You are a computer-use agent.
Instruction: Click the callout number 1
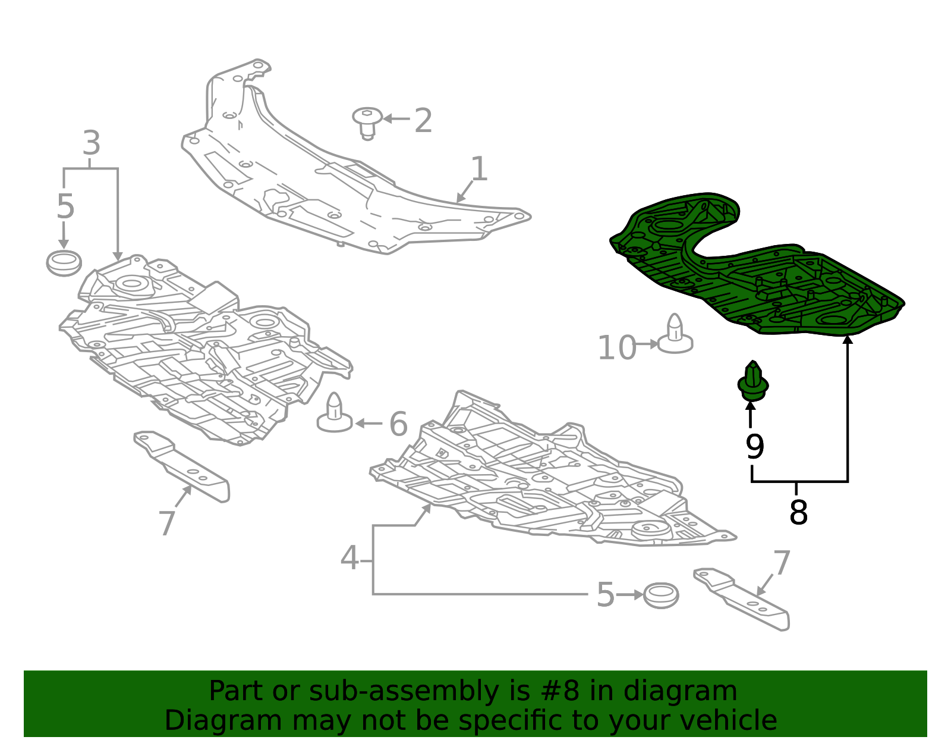pos(479,169)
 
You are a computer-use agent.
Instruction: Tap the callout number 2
pos(423,120)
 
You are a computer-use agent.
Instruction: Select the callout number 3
pos(92,143)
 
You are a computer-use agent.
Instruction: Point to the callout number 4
pos(349,557)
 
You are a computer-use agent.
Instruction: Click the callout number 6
pos(398,424)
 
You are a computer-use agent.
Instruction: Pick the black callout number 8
pos(798,512)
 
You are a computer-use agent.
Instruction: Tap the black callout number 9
pos(754,447)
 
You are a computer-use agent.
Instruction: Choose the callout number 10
pos(616,348)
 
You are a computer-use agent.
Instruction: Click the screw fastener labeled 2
pos(367,123)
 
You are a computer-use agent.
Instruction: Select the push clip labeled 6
pos(335,413)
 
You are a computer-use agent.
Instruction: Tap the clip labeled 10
pos(675,334)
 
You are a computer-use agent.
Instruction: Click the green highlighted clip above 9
pos(752,381)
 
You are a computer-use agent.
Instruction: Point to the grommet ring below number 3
pos(64,263)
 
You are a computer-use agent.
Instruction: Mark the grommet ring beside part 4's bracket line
pos(661,595)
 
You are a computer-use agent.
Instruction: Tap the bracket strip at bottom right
pos(742,599)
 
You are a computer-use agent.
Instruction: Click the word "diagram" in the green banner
pos(680,691)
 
